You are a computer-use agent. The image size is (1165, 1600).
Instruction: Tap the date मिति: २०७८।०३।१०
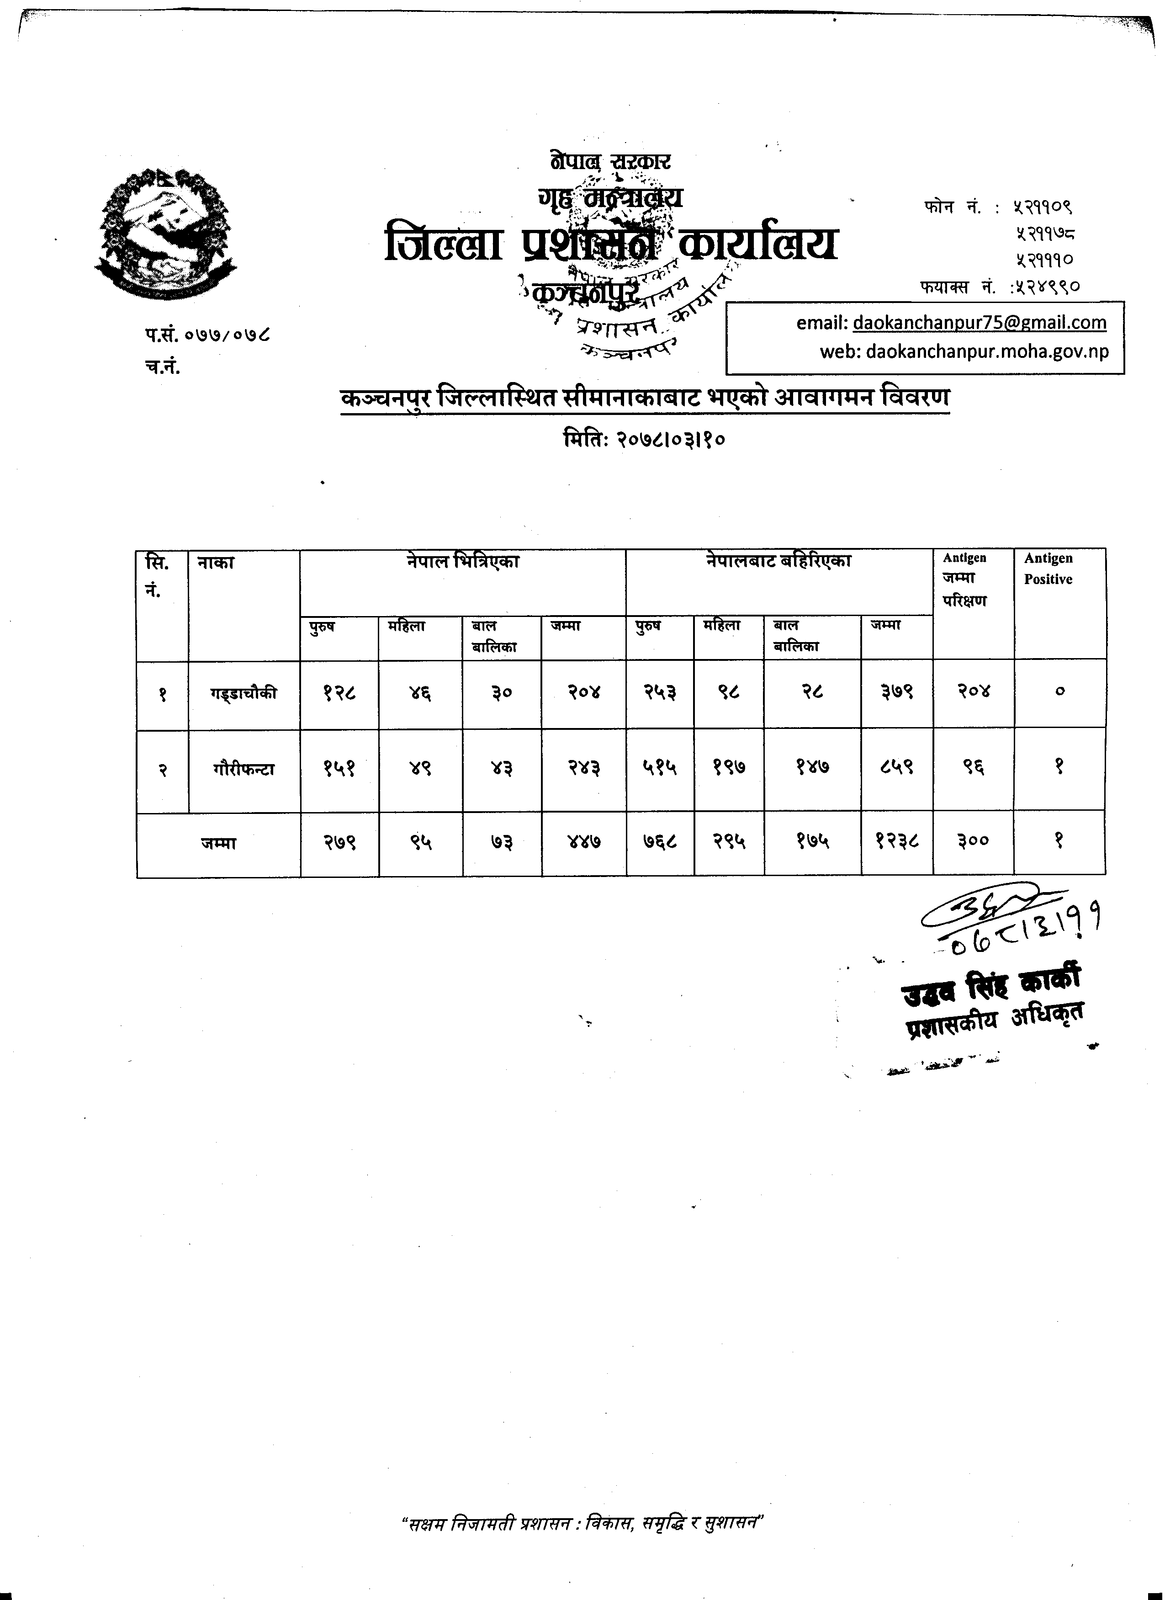645,440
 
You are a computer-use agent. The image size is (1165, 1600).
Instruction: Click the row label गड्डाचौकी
244,693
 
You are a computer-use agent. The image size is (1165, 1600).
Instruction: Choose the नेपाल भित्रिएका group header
463,562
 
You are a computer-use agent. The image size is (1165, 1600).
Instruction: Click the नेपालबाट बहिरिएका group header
778,562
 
